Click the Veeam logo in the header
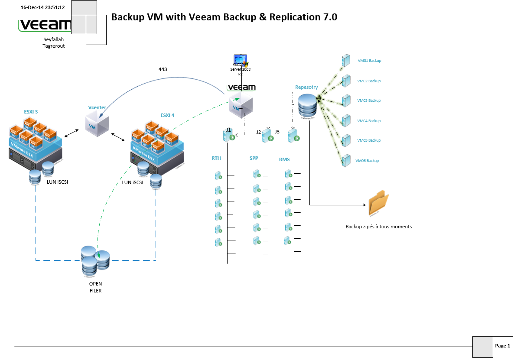point(44,25)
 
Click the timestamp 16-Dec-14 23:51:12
point(42,7)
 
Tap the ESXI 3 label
point(31,112)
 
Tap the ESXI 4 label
point(167,115)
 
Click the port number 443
point(163,69)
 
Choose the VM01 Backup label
point(369,61)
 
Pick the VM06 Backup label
point(367,161)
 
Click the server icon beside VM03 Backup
point(345,101)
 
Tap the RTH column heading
point(216,158)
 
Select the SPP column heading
point(254,158)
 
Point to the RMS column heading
point(284,159)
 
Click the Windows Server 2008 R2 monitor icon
point(240,60)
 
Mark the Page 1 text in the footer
point(502,346)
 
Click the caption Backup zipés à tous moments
point(378,227)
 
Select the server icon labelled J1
point(228,136)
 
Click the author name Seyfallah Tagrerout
point(53,42)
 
